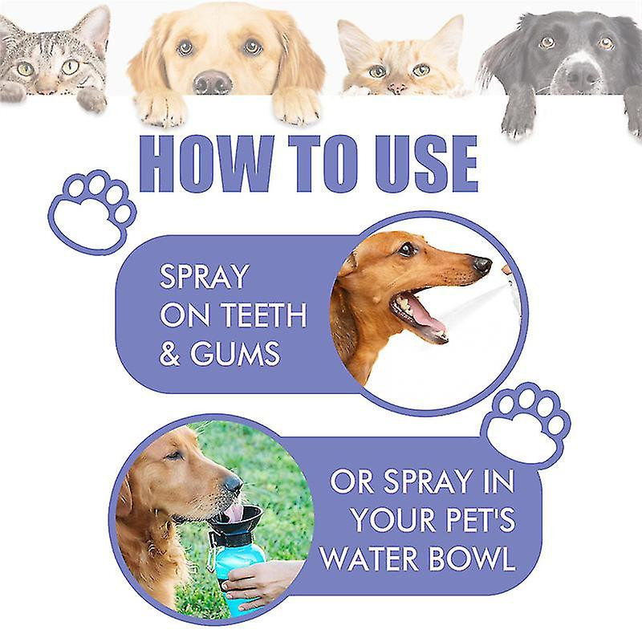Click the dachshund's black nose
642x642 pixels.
coord(482,264)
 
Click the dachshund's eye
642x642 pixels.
coord(407,249)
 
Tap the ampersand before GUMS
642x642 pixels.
coord(169,353)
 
